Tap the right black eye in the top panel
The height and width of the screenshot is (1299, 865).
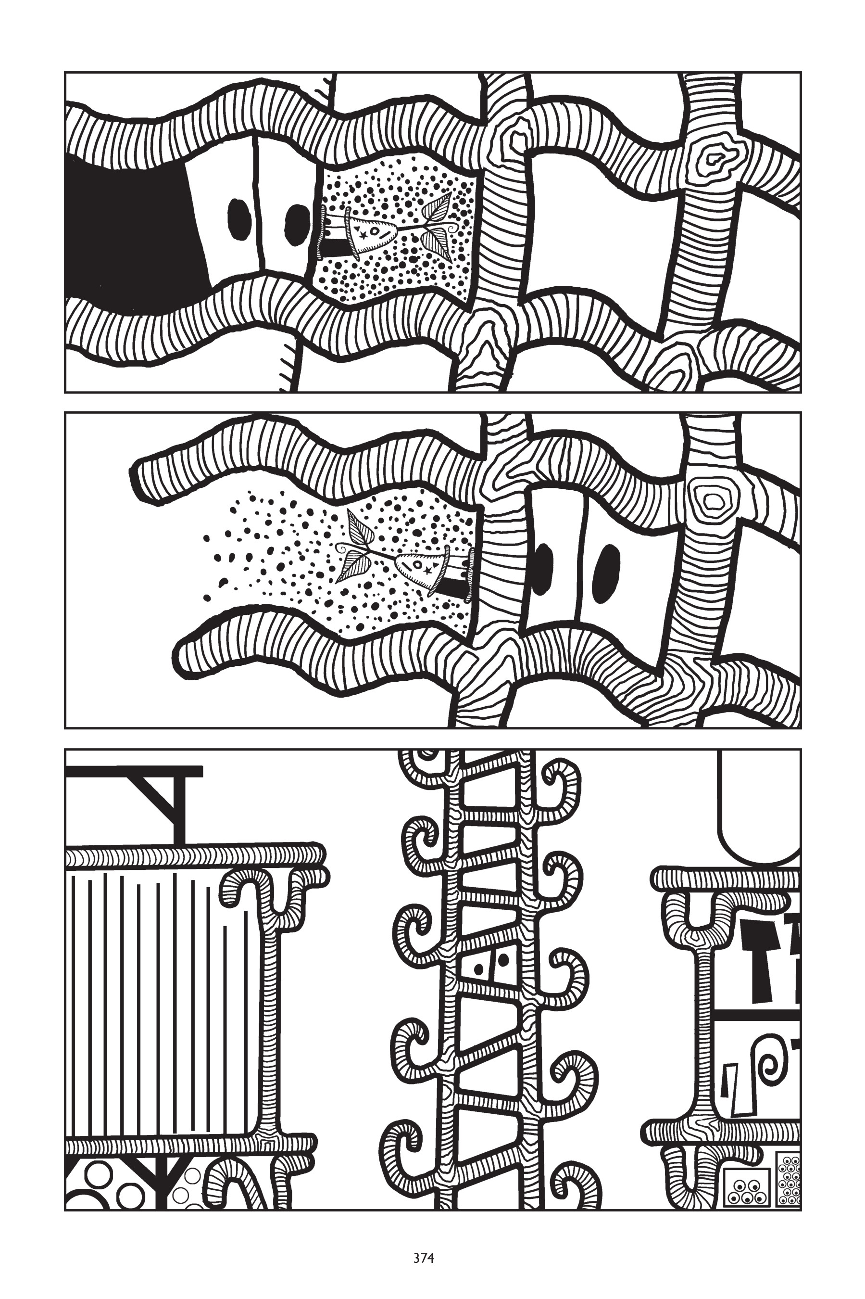point(297,224)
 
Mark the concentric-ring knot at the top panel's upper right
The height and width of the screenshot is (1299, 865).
point(716,159)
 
